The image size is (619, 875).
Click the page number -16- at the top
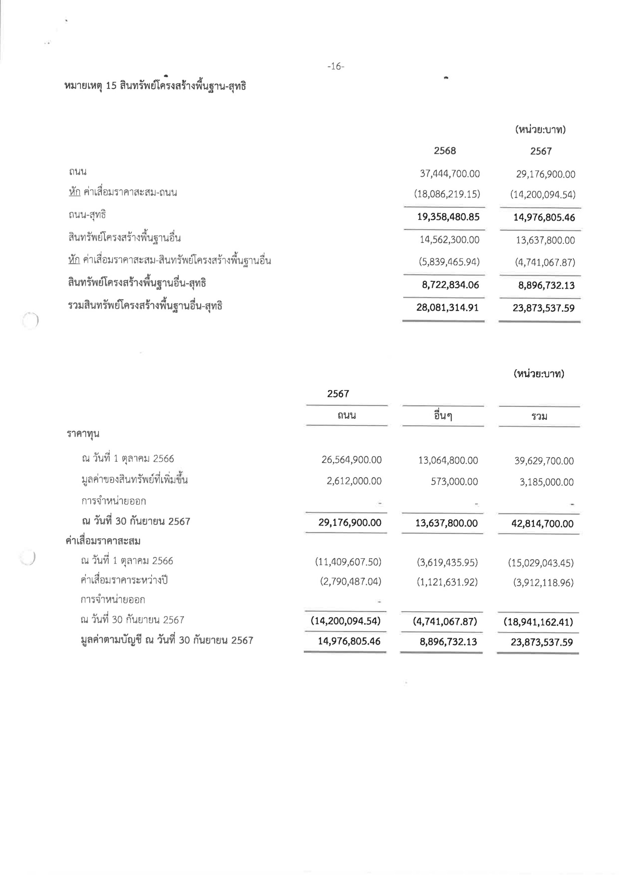coord(335,67)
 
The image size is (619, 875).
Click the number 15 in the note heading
coord(111,86)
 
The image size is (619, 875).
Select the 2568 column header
coord(444,151)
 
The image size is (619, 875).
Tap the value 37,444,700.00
coord(450,174)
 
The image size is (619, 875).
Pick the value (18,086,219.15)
coord(447,194)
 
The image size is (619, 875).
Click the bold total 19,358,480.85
coord(448,217)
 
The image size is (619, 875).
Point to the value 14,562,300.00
coord(449,240)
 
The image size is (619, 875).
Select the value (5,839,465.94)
coord(449,262)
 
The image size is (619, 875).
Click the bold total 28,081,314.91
coord(447,308)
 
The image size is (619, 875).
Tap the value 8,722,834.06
coord(450,285)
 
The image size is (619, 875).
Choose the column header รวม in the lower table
coord(539,417)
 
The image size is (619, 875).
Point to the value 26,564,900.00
coord(351,460)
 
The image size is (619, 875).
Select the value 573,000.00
coord(454,482)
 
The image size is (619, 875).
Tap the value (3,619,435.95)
coord(447,563)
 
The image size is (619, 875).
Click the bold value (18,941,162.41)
coord(538,622)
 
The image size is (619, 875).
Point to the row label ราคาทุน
coord(83,434)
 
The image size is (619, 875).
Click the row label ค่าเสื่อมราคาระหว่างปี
coord(124,580)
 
